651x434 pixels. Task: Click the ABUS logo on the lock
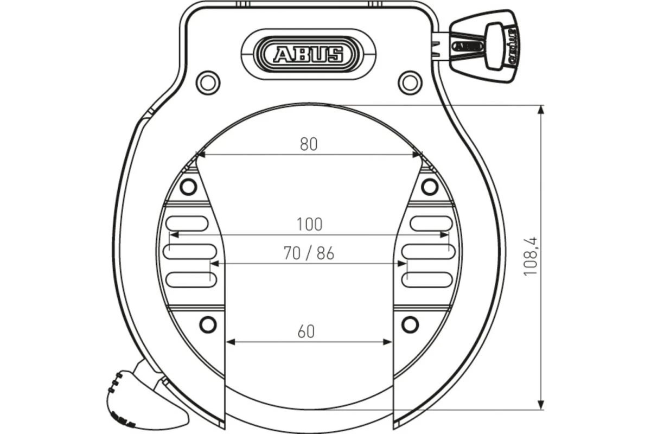pyautogui.click(x=309, y=54)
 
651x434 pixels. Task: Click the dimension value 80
pyautogui.click(x=308, y=144)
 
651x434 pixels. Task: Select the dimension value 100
pyautogui.click(x=309, y=224)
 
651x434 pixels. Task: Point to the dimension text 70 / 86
pyautogui.click(x=309, y=253)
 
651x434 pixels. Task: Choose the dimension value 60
pyautogui.click(x=306, y=331)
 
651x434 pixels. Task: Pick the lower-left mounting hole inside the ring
pyautogui.click(x=207, y=324)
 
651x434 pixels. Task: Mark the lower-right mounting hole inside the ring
pyautogui.click(x=410, y=324)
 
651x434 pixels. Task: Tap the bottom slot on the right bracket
pyautogui.click(x=427, y=279)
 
